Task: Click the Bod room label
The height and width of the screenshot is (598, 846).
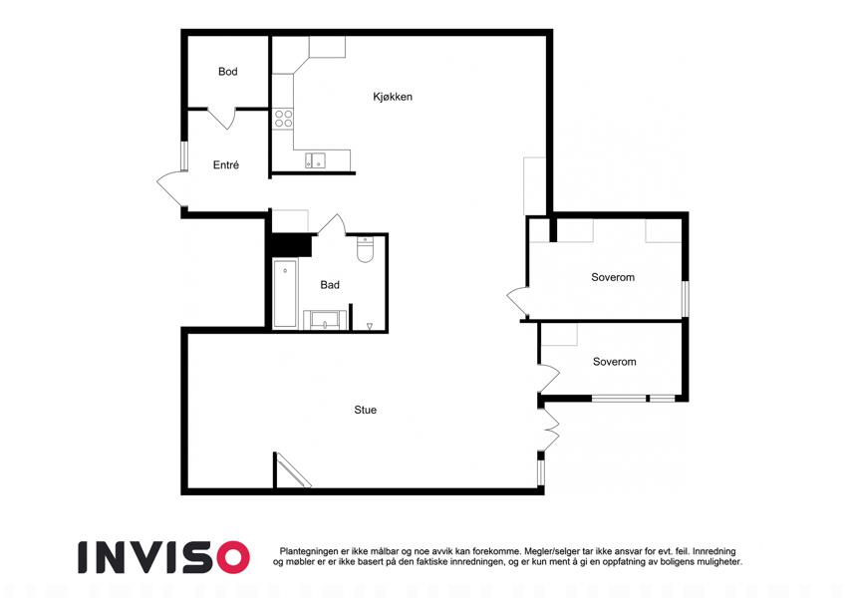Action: (227, 71)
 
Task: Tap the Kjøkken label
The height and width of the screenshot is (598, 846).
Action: (393, 97)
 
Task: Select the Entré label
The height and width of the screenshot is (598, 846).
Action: (225, 164)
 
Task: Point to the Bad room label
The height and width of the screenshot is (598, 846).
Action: (330, 284)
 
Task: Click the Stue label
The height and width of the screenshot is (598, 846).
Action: (366, 410)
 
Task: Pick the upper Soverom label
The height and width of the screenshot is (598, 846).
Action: (613, 277)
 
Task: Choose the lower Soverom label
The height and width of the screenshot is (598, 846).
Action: (614, 362)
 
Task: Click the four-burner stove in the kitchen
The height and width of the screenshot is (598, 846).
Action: (283, 119)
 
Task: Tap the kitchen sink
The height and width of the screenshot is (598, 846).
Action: (316, 160)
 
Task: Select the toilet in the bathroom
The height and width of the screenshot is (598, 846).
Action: (366, 249)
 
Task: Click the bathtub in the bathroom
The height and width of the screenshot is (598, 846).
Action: (284, 294)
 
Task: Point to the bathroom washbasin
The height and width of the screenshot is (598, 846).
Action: (325, 320)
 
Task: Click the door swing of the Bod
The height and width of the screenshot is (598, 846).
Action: (222, 119)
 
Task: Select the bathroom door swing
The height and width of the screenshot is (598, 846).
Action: (332, 224)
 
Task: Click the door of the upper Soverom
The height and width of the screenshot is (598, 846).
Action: (518, 301)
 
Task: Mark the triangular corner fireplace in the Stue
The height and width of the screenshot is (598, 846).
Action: (290, 470)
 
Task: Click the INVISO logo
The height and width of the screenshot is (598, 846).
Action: (163, 557)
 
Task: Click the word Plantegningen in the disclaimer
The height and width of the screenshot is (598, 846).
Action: (309, 551)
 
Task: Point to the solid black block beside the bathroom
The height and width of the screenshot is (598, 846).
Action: (291, 245)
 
